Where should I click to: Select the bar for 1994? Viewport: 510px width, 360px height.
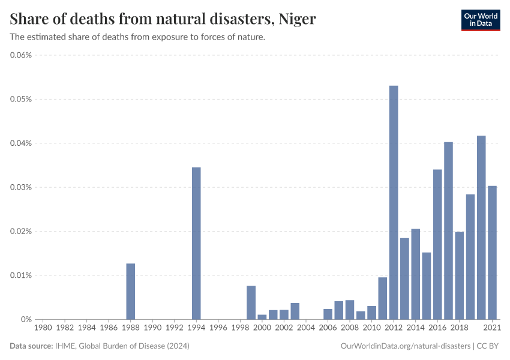196,243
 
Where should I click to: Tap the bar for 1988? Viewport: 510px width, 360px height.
131,291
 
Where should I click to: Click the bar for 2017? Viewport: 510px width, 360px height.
448,230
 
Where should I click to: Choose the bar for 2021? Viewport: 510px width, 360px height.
492,252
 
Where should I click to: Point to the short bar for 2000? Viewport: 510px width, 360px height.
262,317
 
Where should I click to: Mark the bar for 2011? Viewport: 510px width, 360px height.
382,298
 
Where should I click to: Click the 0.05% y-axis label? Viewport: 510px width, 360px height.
21,99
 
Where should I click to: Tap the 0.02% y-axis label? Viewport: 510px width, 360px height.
21,232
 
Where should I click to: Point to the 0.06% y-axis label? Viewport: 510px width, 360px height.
21,55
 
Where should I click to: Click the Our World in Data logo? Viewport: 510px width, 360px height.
480,20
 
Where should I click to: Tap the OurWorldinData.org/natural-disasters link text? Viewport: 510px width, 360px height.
405,346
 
